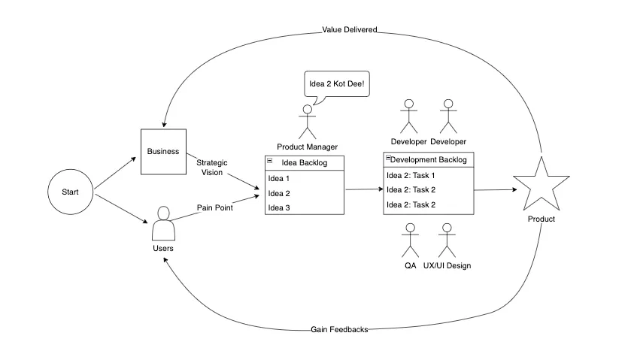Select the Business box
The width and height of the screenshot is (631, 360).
click(x=163, y=151)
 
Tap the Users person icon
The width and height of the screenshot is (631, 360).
click(x=163, y=223)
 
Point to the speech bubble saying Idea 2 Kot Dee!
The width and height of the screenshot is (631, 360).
click(x=336, y=84)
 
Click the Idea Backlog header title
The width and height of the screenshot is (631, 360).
click(x=304, y=162)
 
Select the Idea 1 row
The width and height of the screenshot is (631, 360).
click(x=304, y=178)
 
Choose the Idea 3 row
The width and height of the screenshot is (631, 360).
click(x=304, y=207)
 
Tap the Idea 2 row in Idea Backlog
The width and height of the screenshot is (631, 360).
click(x=304, y=193)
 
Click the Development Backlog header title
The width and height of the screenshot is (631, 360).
click(x=429, y=160)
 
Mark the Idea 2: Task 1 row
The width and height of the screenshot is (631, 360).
click(x=429, y=175)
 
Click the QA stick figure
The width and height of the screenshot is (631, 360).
click(x=410, y=241)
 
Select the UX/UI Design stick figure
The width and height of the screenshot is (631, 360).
click(x=447, y=241)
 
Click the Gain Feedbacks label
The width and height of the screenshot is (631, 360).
click(x=339, y=330)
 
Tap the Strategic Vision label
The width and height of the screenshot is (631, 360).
click(x=211, y=168)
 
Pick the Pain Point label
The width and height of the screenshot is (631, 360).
click(x=215, y=208)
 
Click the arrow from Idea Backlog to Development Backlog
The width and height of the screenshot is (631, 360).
click(x=363, y=190)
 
